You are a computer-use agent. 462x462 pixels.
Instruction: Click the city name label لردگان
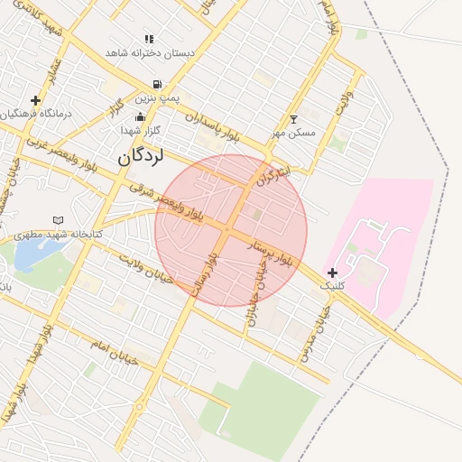tap(140, 157)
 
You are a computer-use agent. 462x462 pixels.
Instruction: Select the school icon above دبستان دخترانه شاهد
tap(149, 40)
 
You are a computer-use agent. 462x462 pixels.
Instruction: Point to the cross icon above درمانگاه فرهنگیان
tap(35, 100)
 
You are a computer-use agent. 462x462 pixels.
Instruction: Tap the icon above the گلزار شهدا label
tap(140, 116)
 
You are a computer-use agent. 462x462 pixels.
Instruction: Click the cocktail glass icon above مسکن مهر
tap(293, 119)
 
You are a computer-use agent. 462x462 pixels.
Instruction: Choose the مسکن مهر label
tap(295, 134)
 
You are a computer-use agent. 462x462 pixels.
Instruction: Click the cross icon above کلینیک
tap(332, 273)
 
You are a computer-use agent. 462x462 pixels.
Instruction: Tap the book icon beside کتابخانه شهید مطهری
tap(59, 219)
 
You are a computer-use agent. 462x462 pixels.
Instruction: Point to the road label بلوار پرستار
tap(273, 252)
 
